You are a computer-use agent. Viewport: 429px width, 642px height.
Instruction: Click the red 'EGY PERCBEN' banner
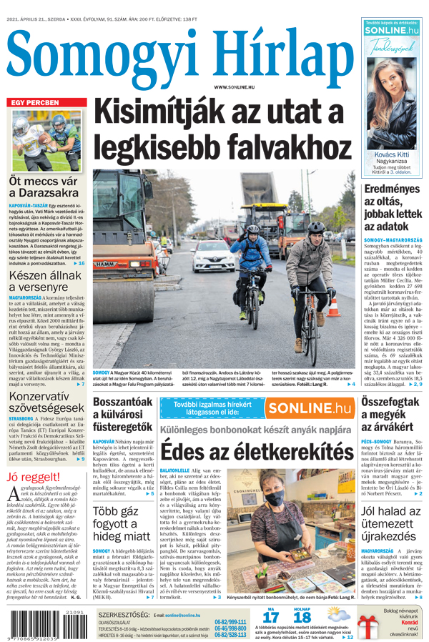[34, 103]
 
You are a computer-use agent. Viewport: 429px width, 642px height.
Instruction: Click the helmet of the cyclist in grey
[315, 227]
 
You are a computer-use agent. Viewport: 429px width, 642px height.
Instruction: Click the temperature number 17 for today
[270, 618]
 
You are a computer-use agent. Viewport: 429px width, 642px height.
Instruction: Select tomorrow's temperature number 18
[302, 618]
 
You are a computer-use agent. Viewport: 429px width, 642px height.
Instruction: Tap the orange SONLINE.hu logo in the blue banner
[310, 408]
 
